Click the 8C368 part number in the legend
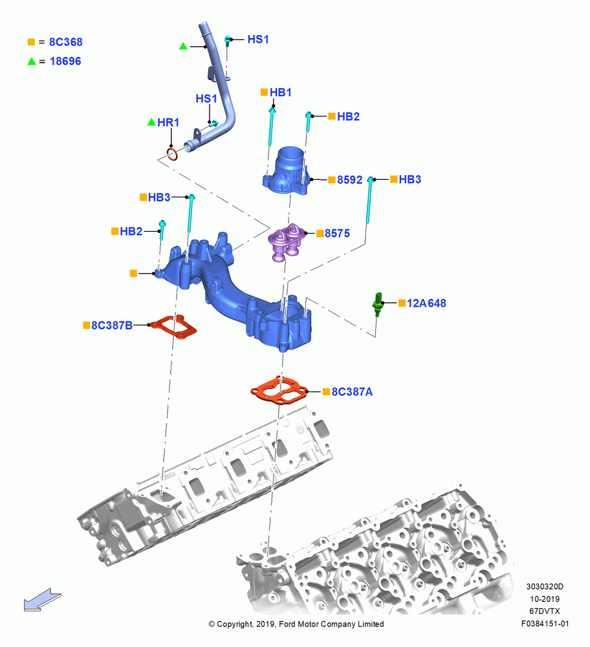coord(65,42)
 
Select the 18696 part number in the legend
coord(65,61)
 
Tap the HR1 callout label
coord(168,122)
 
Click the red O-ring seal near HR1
coord(173,155)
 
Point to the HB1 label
coord(281,93)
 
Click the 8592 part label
coord(349,180)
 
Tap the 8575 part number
coord(337,234)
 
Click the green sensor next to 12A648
coord(378,305)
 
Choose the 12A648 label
coord(426,303)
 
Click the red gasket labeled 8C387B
coord(173,327)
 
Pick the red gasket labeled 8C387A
coord(279,390)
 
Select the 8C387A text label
coord(352,392)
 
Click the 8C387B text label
coord(112,325)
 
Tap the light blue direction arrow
coord(42,600)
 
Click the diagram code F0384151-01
coord(545,624)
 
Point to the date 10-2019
coord(545,599)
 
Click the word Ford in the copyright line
coord(288,624)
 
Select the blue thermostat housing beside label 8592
coord(286,170)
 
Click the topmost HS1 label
coord(258,39)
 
